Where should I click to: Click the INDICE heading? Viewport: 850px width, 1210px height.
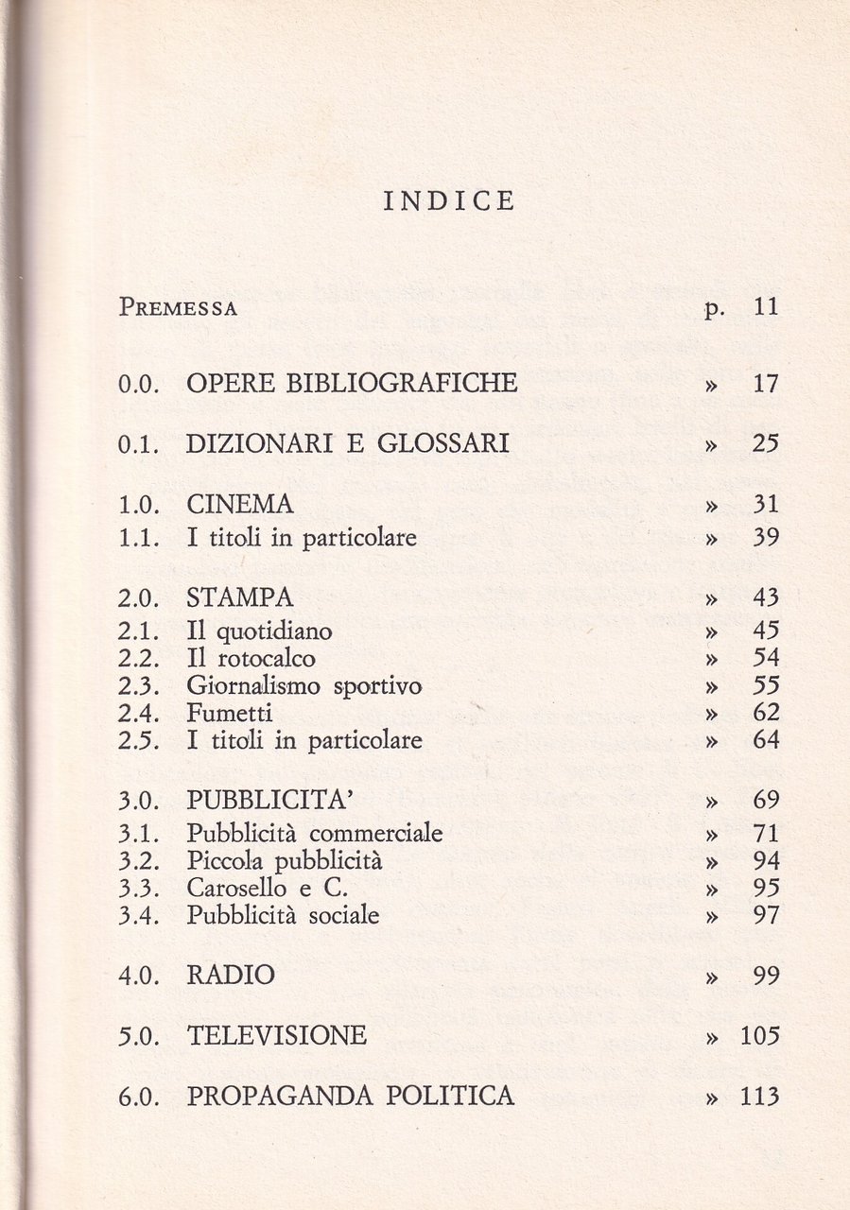click(449, 201)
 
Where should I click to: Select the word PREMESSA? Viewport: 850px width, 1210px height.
click(178, 307)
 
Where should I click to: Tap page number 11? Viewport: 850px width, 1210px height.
click(765, 306)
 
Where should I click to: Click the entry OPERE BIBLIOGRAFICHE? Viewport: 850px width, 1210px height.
click(352, 383)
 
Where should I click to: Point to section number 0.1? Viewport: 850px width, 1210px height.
click(142, 444)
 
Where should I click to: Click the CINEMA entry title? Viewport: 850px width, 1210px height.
click(240, 504)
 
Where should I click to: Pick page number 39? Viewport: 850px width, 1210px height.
click(765, 538)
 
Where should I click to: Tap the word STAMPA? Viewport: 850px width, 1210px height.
click(240, 597)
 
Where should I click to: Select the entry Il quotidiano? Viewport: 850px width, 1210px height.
click(259, 630)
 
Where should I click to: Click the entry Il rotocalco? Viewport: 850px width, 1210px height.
click(251, 658)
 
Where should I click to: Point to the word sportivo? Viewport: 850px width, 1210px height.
click(377, 686)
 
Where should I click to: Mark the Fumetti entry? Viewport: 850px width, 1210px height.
click(230, 713)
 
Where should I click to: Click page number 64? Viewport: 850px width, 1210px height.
click(765, 740)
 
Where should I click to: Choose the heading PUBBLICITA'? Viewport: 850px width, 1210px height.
click(270, 801)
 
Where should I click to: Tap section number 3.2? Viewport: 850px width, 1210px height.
click(142, 861)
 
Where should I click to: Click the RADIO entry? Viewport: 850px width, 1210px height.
click(231, 975)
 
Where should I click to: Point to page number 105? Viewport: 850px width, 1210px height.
click(759, 1036)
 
